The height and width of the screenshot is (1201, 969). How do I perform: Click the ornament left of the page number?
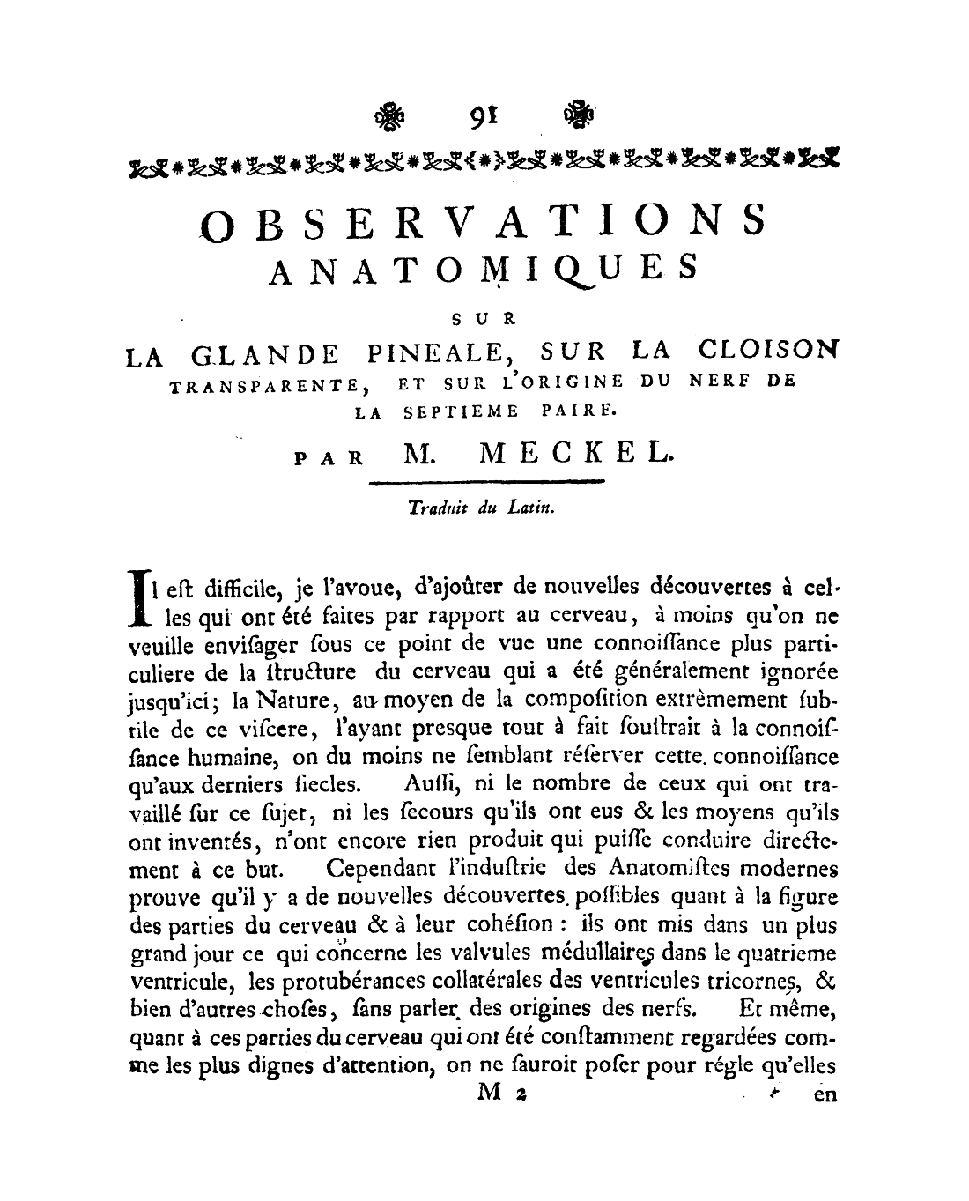[x=388, y=115]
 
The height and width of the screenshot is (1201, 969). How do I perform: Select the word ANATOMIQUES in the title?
[x=483, y=268]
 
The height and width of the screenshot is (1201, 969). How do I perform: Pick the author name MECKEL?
[x=577, y=456]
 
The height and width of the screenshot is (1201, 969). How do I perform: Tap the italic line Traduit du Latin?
[x=481, y=508]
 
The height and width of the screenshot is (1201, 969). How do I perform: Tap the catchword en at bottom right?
[x=824, y=1095]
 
